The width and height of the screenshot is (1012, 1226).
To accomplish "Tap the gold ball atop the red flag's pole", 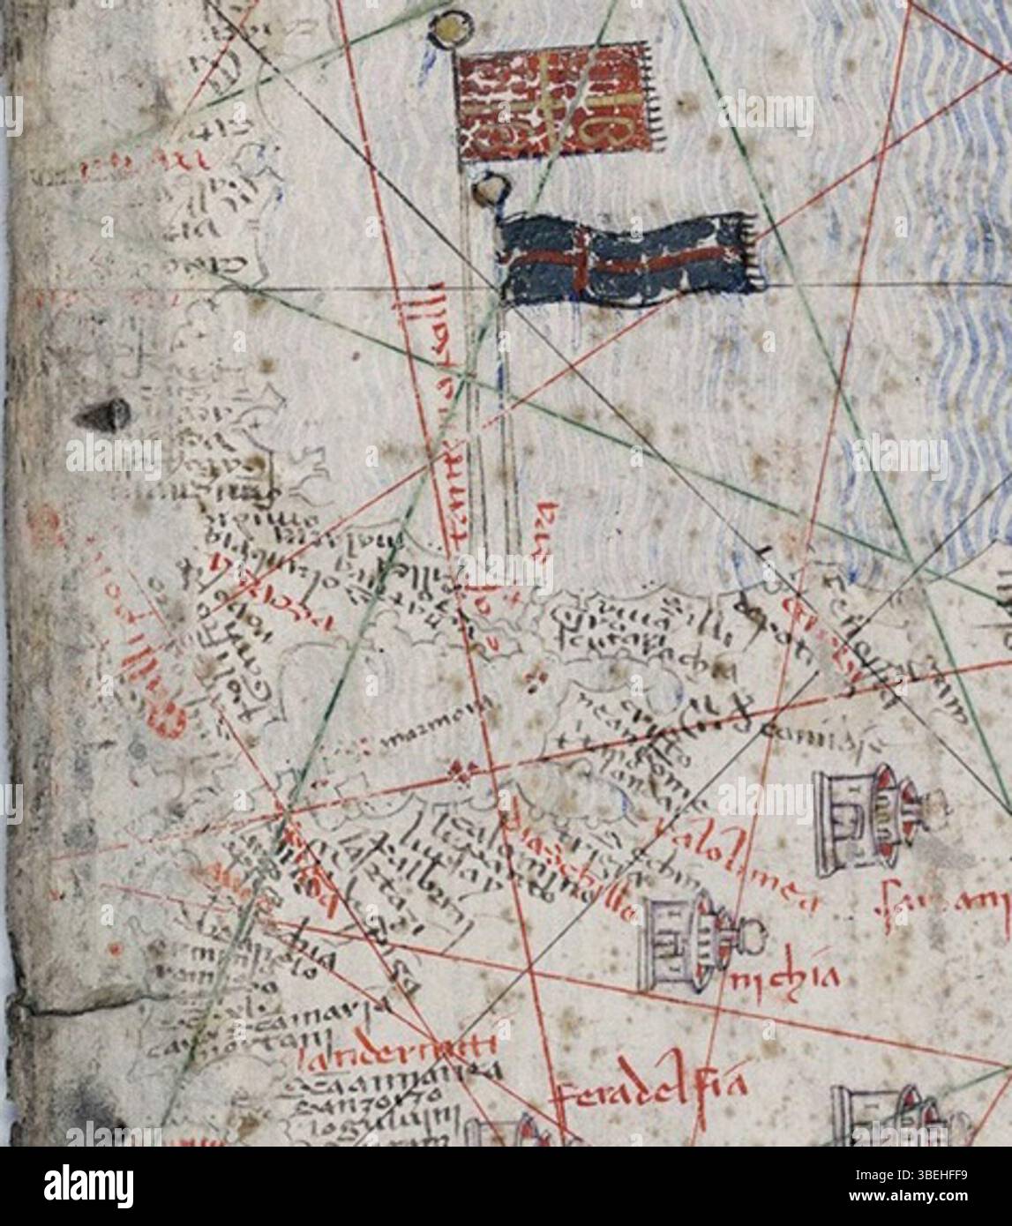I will (x=447, y=28).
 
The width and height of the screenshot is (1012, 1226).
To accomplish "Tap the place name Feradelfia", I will (x=651, y=1091).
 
